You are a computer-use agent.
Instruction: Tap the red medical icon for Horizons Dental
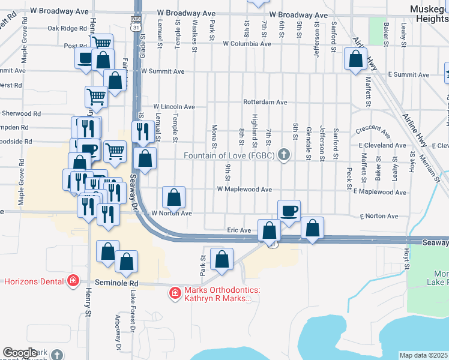pos(73,280)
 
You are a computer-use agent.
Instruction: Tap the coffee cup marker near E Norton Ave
pos(289,211)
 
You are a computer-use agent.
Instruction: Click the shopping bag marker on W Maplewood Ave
pos(173,197)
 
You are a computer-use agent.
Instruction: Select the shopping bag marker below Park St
pos(221,260)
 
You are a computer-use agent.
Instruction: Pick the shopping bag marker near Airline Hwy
pos(356,59)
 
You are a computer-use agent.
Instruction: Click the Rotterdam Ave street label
pos(265,102)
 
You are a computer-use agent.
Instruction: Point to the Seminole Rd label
pos(116,283)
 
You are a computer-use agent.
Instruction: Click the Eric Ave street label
pos(238,230)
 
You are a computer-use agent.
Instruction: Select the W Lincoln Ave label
pos(174,107)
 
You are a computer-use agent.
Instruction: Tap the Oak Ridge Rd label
pos(67,28)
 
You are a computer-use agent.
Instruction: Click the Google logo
pos(20,353)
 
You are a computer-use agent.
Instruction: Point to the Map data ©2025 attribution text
pos(424,355)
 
